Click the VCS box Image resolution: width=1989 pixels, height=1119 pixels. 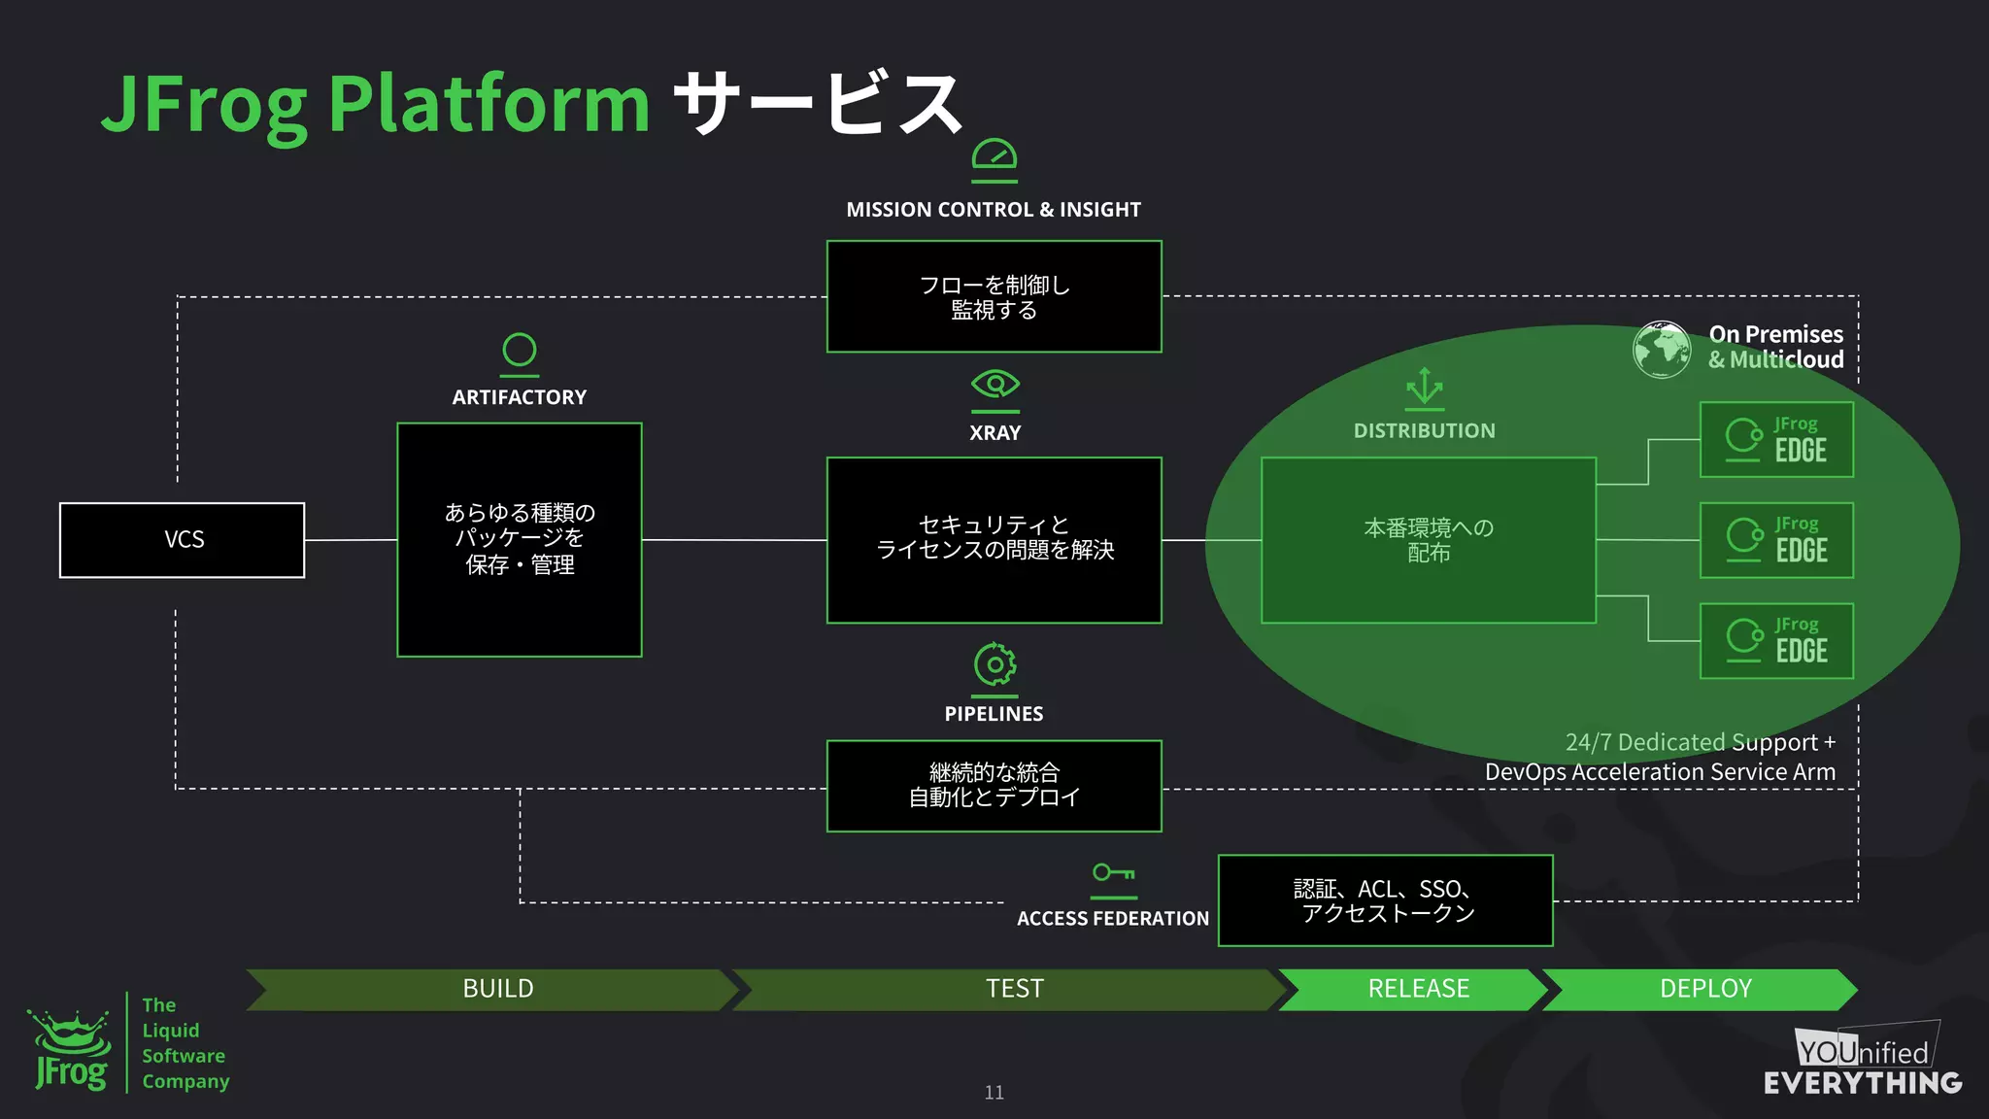coord(183,540)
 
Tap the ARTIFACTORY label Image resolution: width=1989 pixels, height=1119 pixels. coord(519,397)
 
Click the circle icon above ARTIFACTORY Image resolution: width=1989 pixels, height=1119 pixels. coord(520,351)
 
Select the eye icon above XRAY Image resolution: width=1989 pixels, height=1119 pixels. coord(994,385)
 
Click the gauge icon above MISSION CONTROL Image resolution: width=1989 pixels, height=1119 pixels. coord(994,157)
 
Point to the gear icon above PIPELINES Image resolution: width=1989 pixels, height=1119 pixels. coord(994,665)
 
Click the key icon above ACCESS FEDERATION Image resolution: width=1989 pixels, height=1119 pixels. coord(1113,872)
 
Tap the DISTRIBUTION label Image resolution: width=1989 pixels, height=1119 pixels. coord(1424,431)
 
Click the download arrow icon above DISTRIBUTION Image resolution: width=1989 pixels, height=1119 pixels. coord(1424,387)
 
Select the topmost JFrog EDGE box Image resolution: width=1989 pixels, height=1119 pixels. coord(1776,440)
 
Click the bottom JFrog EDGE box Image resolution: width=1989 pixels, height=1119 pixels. coord(1776,641)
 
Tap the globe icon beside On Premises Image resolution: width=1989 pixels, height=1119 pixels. coord(1662,349)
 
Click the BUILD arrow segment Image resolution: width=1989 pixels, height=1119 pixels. coord(497,989)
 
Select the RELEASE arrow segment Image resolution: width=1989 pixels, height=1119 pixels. coord(1418,989)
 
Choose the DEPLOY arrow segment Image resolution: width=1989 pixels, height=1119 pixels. coord(1704,989)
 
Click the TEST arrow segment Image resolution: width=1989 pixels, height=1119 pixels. coord(1014,989)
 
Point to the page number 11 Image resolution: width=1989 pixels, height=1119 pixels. coord(994,1093)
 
